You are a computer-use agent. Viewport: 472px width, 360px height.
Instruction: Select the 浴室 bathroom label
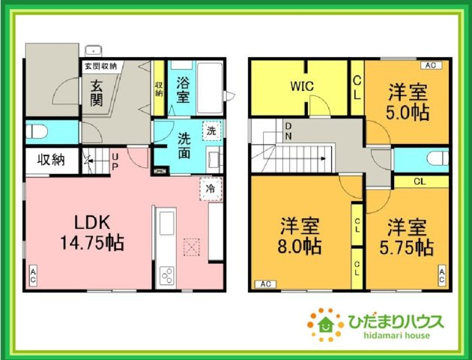[x=183, y=90]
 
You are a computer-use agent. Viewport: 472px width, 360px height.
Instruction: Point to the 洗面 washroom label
[x=184, y=145]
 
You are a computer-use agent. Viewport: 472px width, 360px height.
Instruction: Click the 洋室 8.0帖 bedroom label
[x=300, y=235]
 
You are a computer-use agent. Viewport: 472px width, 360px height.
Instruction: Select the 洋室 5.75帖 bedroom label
[x=407, y=235]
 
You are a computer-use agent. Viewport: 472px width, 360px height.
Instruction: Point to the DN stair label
[x=288, y=130]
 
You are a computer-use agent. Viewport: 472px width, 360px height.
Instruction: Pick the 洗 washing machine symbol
[x=212, y=129]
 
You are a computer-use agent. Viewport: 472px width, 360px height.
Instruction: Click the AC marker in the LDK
[x=34, y=274]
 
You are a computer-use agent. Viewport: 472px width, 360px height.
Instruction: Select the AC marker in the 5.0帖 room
[x=433, y=66]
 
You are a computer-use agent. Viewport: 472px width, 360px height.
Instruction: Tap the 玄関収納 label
[x=100, y=65]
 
